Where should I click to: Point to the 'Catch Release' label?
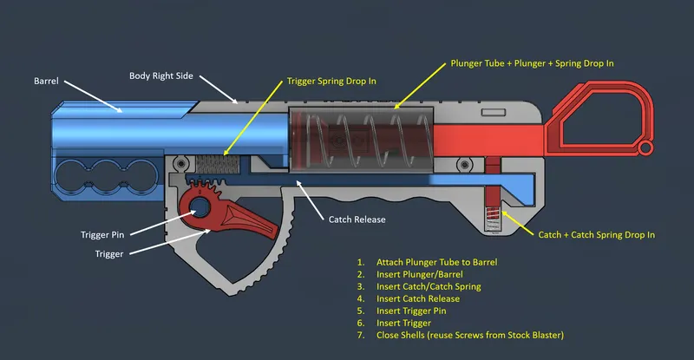pyautogui.click(x=357, y=219)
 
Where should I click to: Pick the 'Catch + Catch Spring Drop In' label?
pyautogui.click(x=596, y=234)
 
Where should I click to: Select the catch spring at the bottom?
pyautogui.click(x=492, y=217)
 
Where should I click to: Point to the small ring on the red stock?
pyautogui.click(x=645, y=151)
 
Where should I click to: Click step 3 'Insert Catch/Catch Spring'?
pyautogui.click(x=429, y=286)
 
